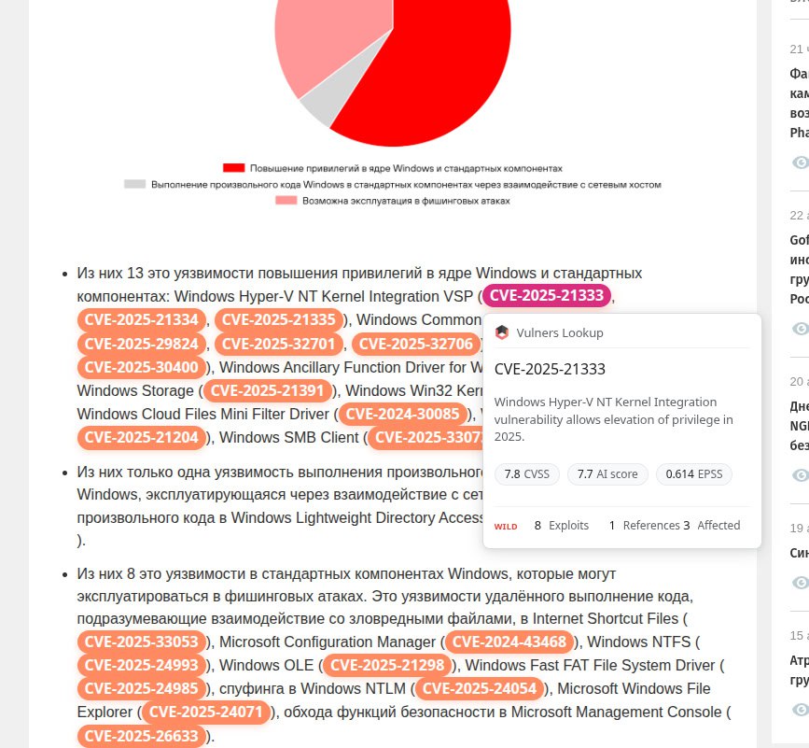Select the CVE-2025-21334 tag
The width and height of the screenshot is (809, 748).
(x=142, y=319)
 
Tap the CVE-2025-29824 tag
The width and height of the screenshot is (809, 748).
(x=142, y=343)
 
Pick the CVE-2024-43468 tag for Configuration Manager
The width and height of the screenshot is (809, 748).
(x=509, y=642)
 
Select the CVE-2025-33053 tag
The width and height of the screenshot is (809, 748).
(x=142, y=642)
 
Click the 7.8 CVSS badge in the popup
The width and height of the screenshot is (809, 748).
(x=525, y=474)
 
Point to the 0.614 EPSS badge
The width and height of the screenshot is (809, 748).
(x=693, y=474)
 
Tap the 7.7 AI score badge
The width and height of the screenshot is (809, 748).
(x=607, y=474)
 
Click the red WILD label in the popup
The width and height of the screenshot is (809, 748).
(x=506, y=527)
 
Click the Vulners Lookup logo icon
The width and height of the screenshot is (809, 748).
(x=502, y=332)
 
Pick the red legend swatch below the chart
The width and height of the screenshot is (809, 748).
(x=233, y=168)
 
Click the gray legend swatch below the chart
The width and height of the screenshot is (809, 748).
(x=134, y=184)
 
